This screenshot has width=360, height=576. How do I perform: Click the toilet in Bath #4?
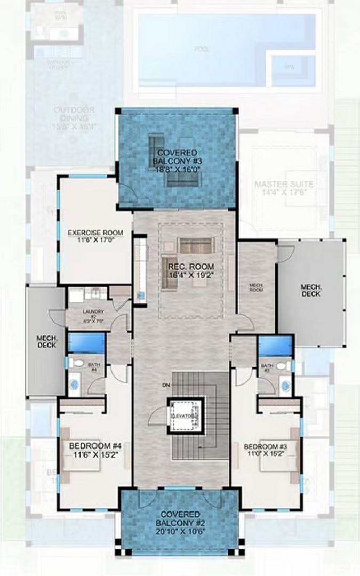78,363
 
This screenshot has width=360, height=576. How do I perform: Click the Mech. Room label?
257,287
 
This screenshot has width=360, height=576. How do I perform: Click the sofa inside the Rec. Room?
196,245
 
